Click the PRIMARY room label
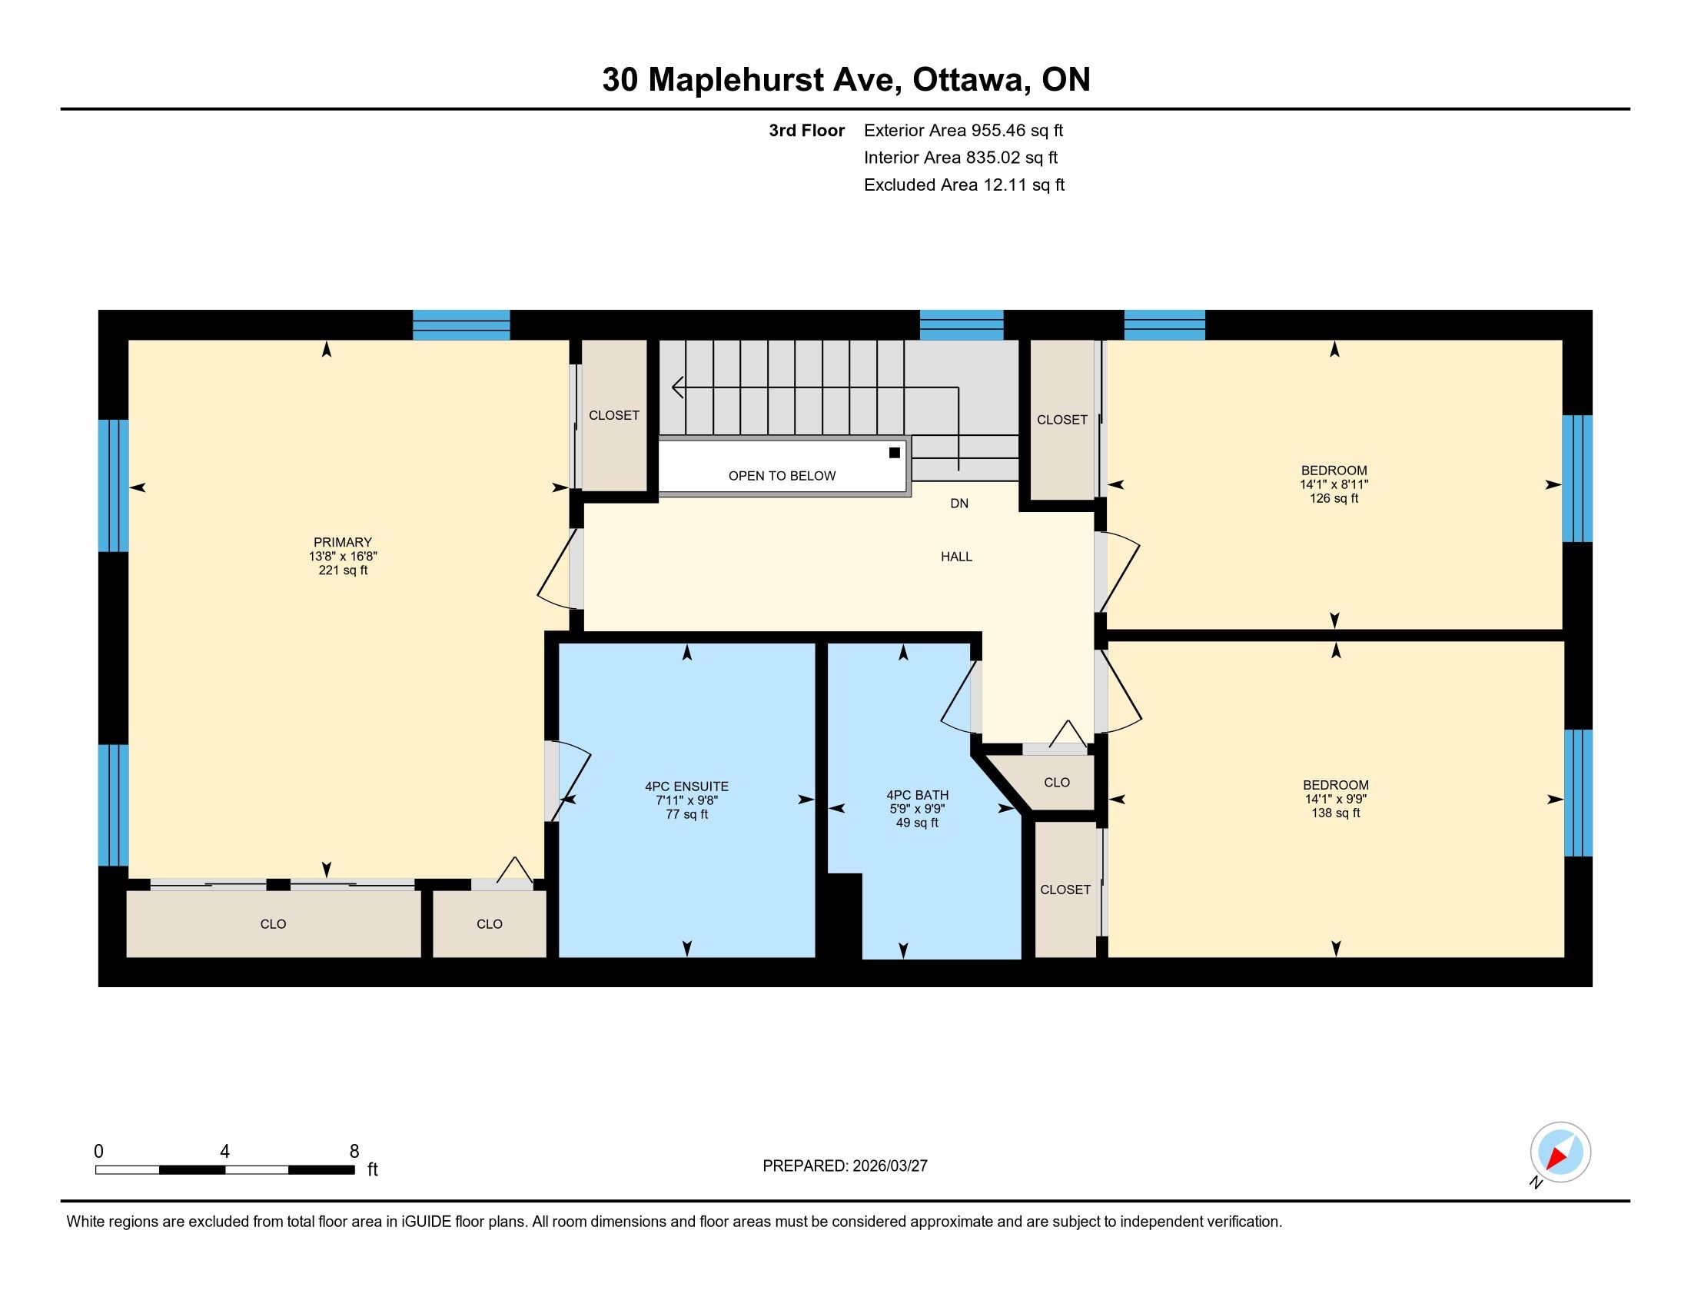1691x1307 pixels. (342, 542)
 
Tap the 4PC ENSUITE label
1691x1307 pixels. (686, 787)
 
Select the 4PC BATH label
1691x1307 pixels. (918, 795)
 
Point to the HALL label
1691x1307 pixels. (956, 557)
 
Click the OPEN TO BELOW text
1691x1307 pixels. (782, 476)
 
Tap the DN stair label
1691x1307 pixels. (959, 504)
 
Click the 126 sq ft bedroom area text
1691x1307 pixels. (1334, 499)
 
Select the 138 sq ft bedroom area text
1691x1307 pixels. (1336, 813)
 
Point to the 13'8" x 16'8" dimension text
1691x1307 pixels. (342, 556)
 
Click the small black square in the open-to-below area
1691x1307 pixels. (894, 453)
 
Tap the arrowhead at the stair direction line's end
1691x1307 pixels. (677, 387)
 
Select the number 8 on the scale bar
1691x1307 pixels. (354, 1152)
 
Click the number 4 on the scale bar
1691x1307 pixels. (224, 1152)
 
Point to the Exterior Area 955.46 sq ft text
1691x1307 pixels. (964, 131)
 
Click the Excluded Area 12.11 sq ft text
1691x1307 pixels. (965, 185)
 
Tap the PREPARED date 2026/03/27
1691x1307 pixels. (890, 1166)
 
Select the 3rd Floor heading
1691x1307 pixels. (807, 131)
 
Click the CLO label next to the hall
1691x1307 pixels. (1057, 783)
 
